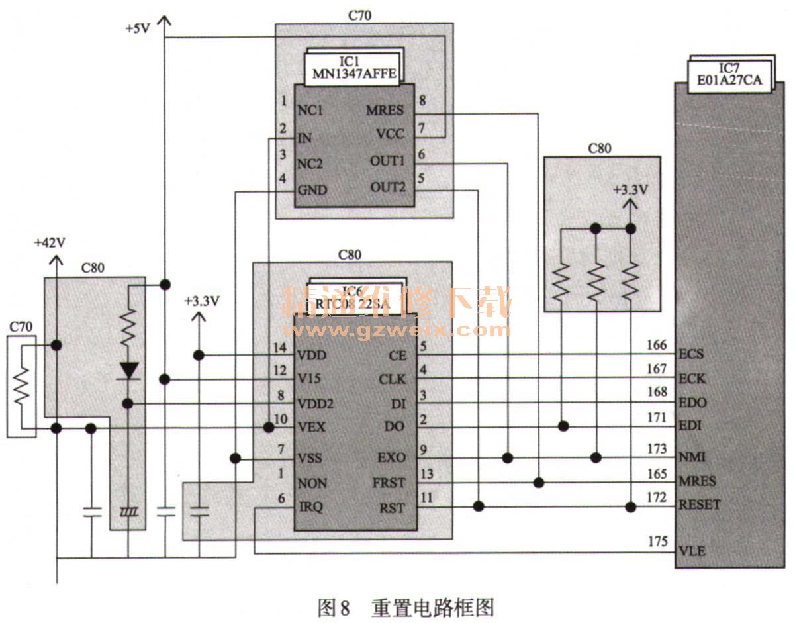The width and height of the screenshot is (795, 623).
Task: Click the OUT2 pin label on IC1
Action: click(387, 188)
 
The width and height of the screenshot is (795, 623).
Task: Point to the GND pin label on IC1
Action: click(312, 190)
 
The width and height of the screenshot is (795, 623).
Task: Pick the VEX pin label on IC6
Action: click(311, 427)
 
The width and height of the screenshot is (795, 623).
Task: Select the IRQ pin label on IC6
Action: click(310, 507)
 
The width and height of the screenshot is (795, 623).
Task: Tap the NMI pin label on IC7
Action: click(692, 456)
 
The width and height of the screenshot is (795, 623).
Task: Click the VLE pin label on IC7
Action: click(692, 551)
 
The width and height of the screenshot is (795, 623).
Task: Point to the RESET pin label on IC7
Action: click(700, 504)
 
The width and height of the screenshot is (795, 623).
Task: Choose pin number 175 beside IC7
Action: click(657, 542)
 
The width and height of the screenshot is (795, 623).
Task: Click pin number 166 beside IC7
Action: click(657, 344)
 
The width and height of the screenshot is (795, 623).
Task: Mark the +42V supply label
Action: click(50, 243)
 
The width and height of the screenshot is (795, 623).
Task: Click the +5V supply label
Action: click(138, 29)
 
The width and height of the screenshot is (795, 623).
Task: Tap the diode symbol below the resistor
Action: click(128, 370)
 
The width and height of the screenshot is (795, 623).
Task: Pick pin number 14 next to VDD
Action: click(281, 348)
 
